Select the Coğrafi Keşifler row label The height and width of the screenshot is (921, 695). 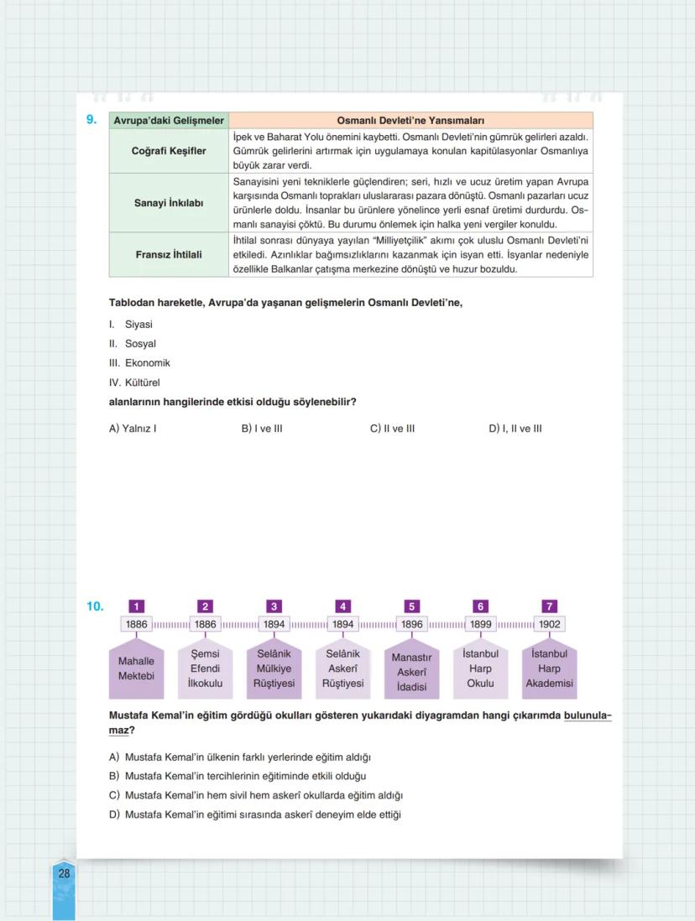169,151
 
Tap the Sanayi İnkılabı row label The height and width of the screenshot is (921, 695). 169,203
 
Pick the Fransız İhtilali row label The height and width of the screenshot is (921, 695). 169,255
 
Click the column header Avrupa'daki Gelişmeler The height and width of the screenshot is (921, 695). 169,121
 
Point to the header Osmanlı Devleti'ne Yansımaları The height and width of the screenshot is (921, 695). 410,121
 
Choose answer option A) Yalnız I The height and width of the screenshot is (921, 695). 133,429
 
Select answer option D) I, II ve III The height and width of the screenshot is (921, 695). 515,429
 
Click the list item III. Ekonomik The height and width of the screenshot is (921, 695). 139,363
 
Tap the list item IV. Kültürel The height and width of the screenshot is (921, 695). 134,382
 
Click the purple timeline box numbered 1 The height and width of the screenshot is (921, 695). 136,606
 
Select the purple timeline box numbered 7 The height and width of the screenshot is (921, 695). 550,606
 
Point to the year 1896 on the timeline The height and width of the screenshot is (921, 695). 411,625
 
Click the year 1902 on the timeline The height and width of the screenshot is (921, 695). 550,625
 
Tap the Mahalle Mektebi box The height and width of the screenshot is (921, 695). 136,669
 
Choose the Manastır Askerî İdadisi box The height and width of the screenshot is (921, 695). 411,671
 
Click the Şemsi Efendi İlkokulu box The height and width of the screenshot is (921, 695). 205,669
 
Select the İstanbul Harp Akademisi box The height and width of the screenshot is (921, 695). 550,669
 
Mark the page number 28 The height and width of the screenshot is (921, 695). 65,873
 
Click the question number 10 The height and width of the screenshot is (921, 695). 95,606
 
